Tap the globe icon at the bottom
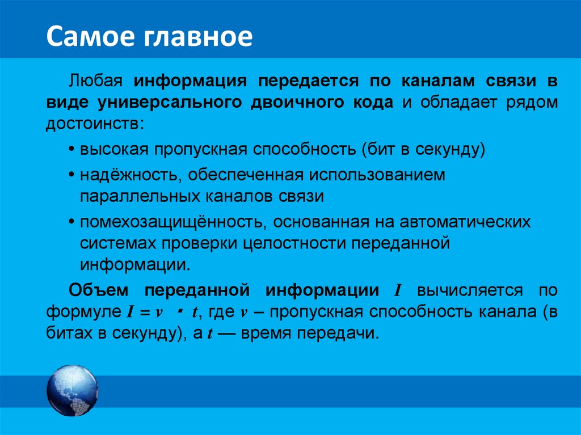(72, 392)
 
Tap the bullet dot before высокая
(72, 150)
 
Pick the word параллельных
(139, 196)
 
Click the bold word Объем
(101, 290)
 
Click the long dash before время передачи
(226, 333)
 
